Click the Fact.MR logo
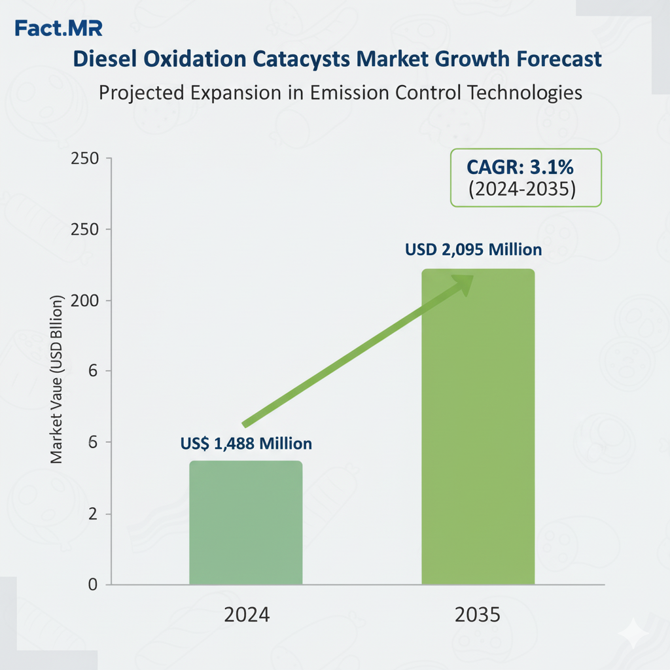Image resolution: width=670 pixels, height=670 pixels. click(58, 29)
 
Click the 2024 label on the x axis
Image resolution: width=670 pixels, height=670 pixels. click(246, 615)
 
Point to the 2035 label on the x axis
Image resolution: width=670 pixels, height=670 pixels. click(478, 615)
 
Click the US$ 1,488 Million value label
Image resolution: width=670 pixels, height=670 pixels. click(246, 444)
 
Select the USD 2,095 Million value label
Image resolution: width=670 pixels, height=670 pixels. click(473, 249)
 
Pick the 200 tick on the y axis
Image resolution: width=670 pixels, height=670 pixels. click(84, 301)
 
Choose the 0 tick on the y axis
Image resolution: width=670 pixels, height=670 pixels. click(92, 584)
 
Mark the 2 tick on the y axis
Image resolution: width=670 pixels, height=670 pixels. click(92, 514)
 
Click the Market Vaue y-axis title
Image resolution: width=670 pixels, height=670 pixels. click(57, 379)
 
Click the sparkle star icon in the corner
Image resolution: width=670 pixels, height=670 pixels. click(635, 633)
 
